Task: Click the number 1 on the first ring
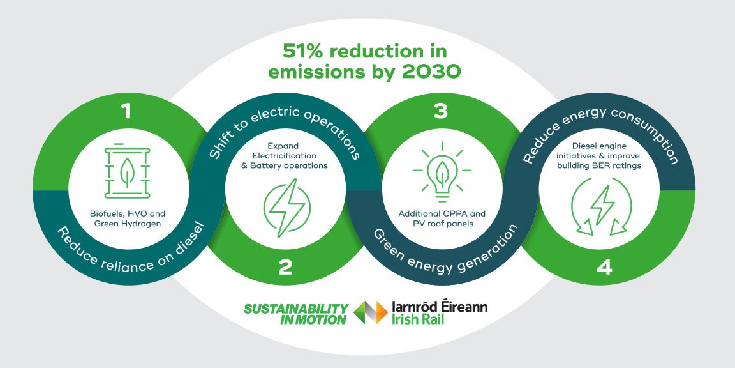pos(126,112)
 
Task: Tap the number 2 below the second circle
pos(285,267)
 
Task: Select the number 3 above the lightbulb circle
pos(440,112)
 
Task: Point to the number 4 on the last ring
pos(604,267)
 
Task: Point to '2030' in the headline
pos(435,72)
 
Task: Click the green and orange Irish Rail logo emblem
pos(371,312)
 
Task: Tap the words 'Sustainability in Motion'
pos(296,314)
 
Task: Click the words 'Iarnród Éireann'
pos(440,307)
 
